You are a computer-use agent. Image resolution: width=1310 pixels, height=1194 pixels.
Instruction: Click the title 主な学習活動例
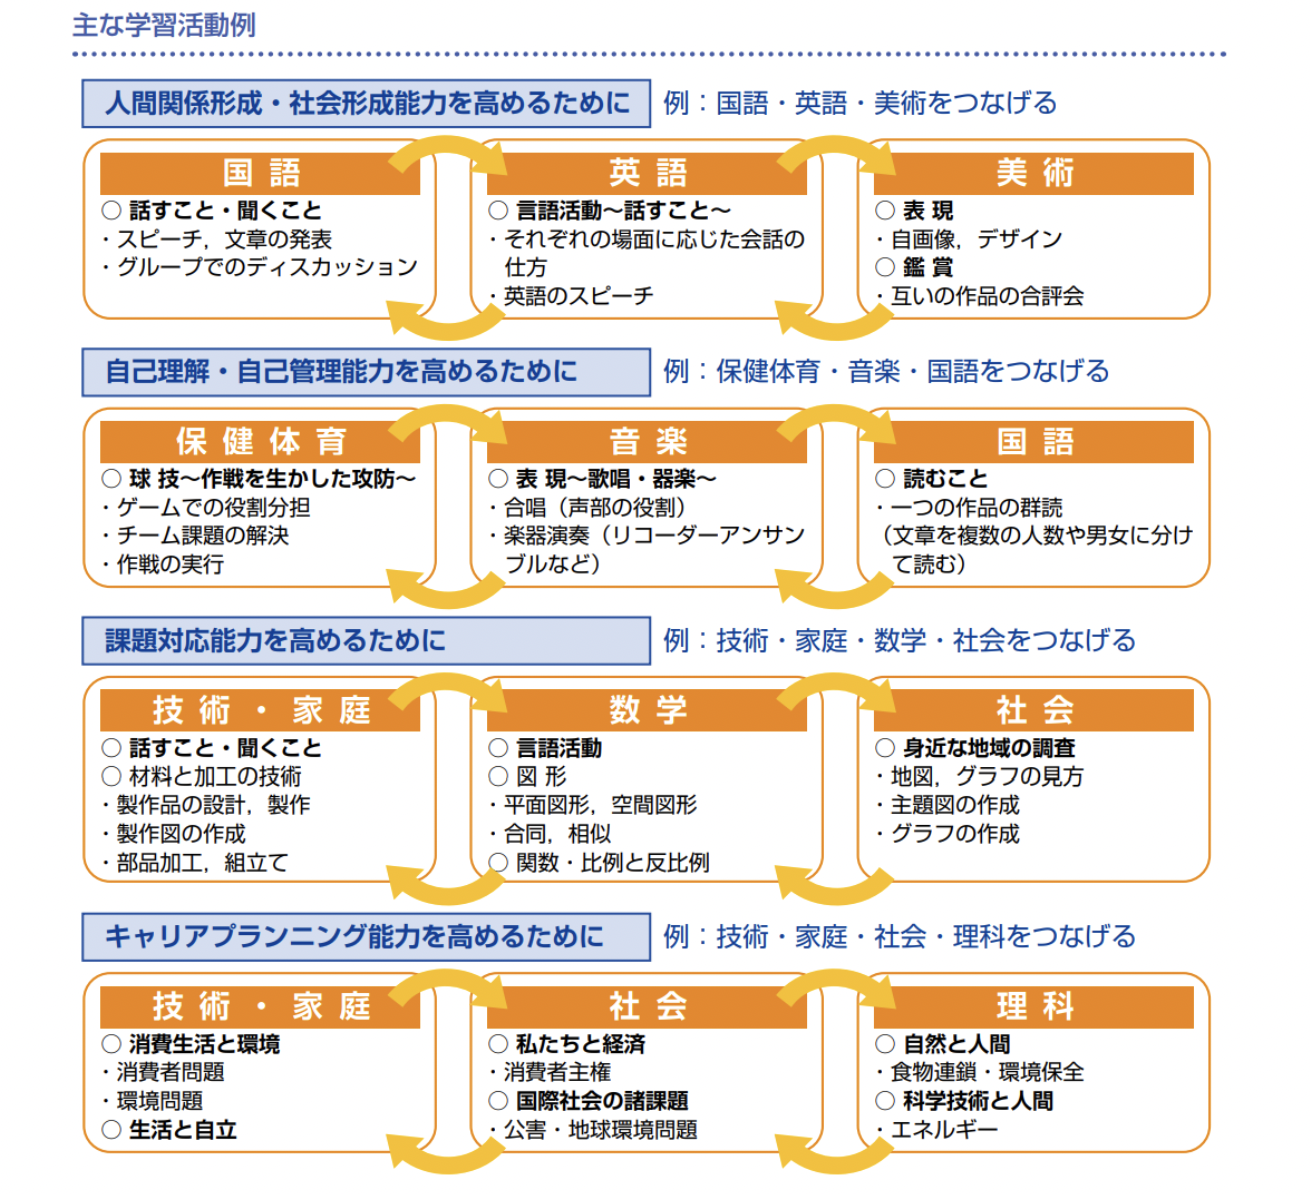(165, 24)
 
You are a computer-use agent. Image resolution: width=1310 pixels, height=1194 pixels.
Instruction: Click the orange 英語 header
(646, 173)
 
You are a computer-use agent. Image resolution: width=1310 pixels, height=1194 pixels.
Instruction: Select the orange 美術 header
(1033, 173)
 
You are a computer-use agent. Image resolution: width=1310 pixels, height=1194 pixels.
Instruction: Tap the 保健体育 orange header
(260, 441)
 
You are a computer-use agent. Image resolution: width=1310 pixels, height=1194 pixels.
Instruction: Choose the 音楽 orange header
(646, 441)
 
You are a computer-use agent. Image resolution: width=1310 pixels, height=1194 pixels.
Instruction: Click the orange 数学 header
(646, 710)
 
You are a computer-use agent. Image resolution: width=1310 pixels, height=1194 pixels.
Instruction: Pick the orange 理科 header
(1033, 1006)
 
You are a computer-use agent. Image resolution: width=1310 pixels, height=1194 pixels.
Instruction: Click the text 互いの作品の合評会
(986, 296)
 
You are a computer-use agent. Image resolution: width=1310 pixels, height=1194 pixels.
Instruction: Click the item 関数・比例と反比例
(611, 862)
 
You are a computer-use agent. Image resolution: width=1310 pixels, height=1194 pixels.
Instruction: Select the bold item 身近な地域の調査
(988, 748)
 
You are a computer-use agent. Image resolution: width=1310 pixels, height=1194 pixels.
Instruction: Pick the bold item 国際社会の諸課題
(601, 1101)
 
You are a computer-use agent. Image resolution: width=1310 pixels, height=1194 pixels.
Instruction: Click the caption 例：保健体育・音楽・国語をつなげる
(886, 371)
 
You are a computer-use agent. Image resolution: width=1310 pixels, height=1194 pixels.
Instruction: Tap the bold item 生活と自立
(182, 1130)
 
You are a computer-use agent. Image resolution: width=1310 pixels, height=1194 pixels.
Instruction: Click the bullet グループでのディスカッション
(266, 267)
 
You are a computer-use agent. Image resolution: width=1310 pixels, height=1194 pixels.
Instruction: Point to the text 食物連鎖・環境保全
(986, 1072)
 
